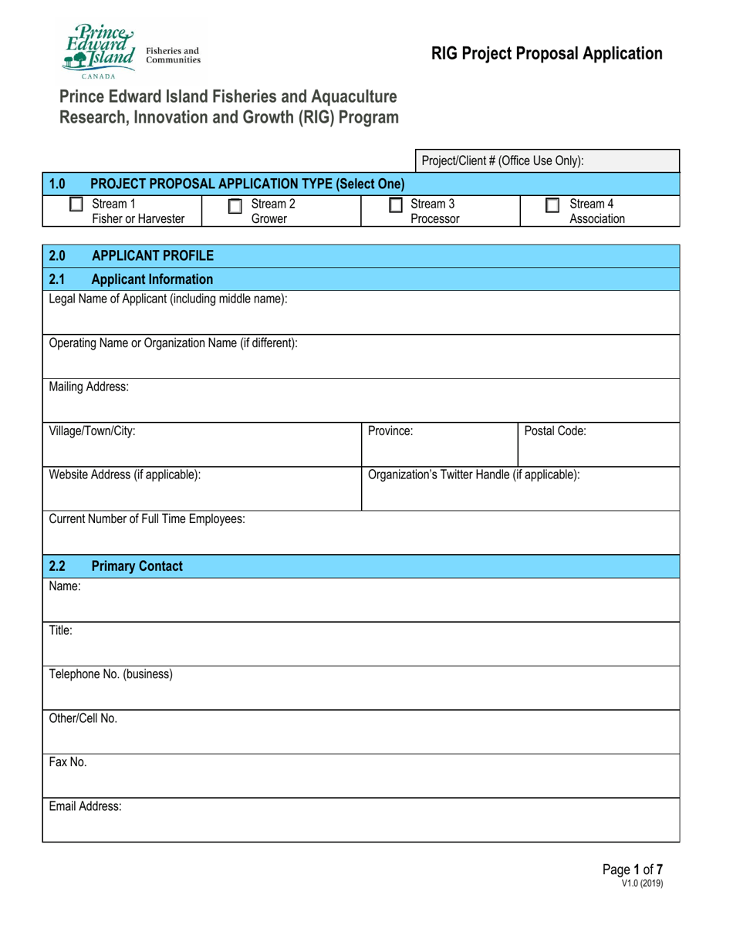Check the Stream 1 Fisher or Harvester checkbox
point(76,204)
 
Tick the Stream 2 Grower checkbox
point(235,206)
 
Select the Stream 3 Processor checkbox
point(395,205)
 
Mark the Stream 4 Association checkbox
point(552,205)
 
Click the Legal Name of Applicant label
point(168,299)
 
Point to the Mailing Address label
point(89,387)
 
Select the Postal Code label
point(555,431)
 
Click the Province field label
point(390,431)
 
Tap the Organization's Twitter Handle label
point(475,475)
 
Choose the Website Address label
point(125,475)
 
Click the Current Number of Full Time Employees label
point(147,519)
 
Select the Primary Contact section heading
point(137,566)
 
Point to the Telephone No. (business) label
point(110,674)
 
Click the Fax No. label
point(68,762)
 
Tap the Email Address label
point(85,806)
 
